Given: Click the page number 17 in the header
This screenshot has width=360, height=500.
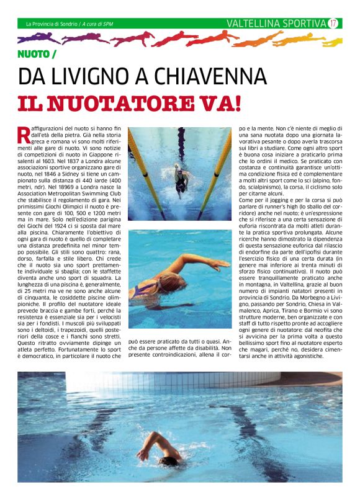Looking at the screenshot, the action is click(x=333, y=24).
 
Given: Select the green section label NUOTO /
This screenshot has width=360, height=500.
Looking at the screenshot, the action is click(x=37, y=55).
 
